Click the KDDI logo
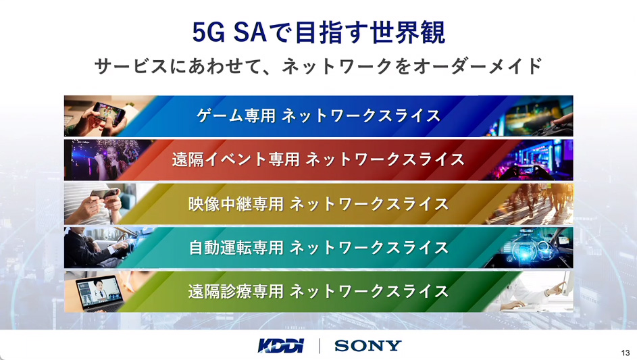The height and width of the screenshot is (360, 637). coord(281,346)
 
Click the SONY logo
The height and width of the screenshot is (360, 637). coord(367,346)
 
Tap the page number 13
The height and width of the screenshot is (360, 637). coord(626,353)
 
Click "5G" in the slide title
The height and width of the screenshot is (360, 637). coord(209,32)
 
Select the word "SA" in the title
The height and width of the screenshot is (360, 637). coord(250,32)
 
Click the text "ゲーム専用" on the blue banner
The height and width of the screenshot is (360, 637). coord(236,115)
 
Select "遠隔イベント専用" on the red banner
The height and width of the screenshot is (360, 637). coord(236,159)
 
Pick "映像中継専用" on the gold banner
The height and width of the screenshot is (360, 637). coord(236,203)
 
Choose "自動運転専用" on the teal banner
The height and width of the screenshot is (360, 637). coord(236,247)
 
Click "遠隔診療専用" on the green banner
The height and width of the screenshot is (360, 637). coord(236,291)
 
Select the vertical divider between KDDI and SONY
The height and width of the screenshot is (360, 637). coord(320,346)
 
